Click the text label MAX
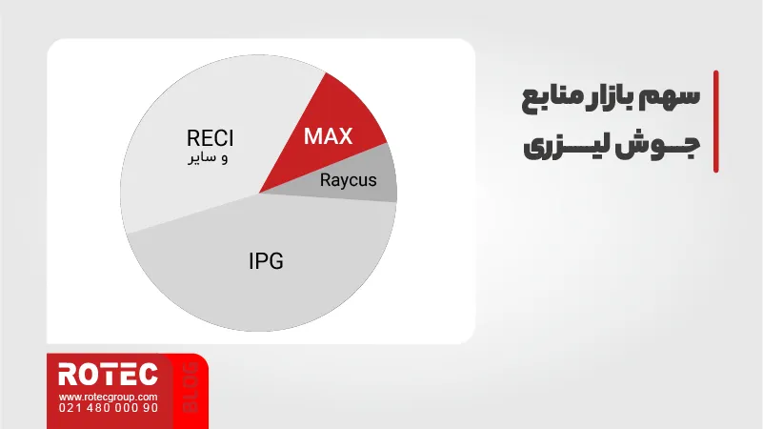328,136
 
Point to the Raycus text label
348,180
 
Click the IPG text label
266,261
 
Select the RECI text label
211,138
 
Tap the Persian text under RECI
208,158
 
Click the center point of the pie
259,194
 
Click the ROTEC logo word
108,375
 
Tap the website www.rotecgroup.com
108,397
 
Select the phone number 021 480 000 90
108,408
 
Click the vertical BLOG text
191,388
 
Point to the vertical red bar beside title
715,121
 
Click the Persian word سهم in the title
675,97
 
